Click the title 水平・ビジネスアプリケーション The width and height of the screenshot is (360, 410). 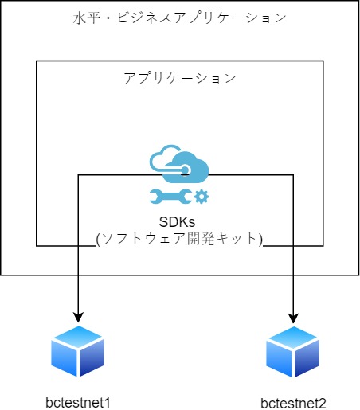point(179,18)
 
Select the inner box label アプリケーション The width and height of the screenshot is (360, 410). point(180,78)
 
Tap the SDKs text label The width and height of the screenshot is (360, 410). point(177,221)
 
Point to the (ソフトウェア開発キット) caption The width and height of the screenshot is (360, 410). point(179,239)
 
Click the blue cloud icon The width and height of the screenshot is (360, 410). point(179,164)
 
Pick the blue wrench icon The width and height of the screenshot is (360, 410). point(170,197)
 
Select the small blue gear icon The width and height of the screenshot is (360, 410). point(202,197)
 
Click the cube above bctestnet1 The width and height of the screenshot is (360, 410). point(78,351)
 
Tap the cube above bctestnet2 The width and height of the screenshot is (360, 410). point(293,352)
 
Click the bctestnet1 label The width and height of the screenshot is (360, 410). point(78,403)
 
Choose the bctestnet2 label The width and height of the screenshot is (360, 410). point(293,404)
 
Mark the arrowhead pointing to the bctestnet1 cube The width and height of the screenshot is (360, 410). point(78,317)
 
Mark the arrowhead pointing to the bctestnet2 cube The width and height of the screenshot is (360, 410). point(293,318)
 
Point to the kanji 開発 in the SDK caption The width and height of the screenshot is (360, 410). point(201,239)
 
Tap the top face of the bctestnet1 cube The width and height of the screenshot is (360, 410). point(78,336)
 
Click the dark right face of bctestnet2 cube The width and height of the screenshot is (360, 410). point(307,358)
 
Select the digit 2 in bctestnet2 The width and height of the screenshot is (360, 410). point(322,404)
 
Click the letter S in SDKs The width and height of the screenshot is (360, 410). point(164,222)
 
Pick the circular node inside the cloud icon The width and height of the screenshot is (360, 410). point(185,170)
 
